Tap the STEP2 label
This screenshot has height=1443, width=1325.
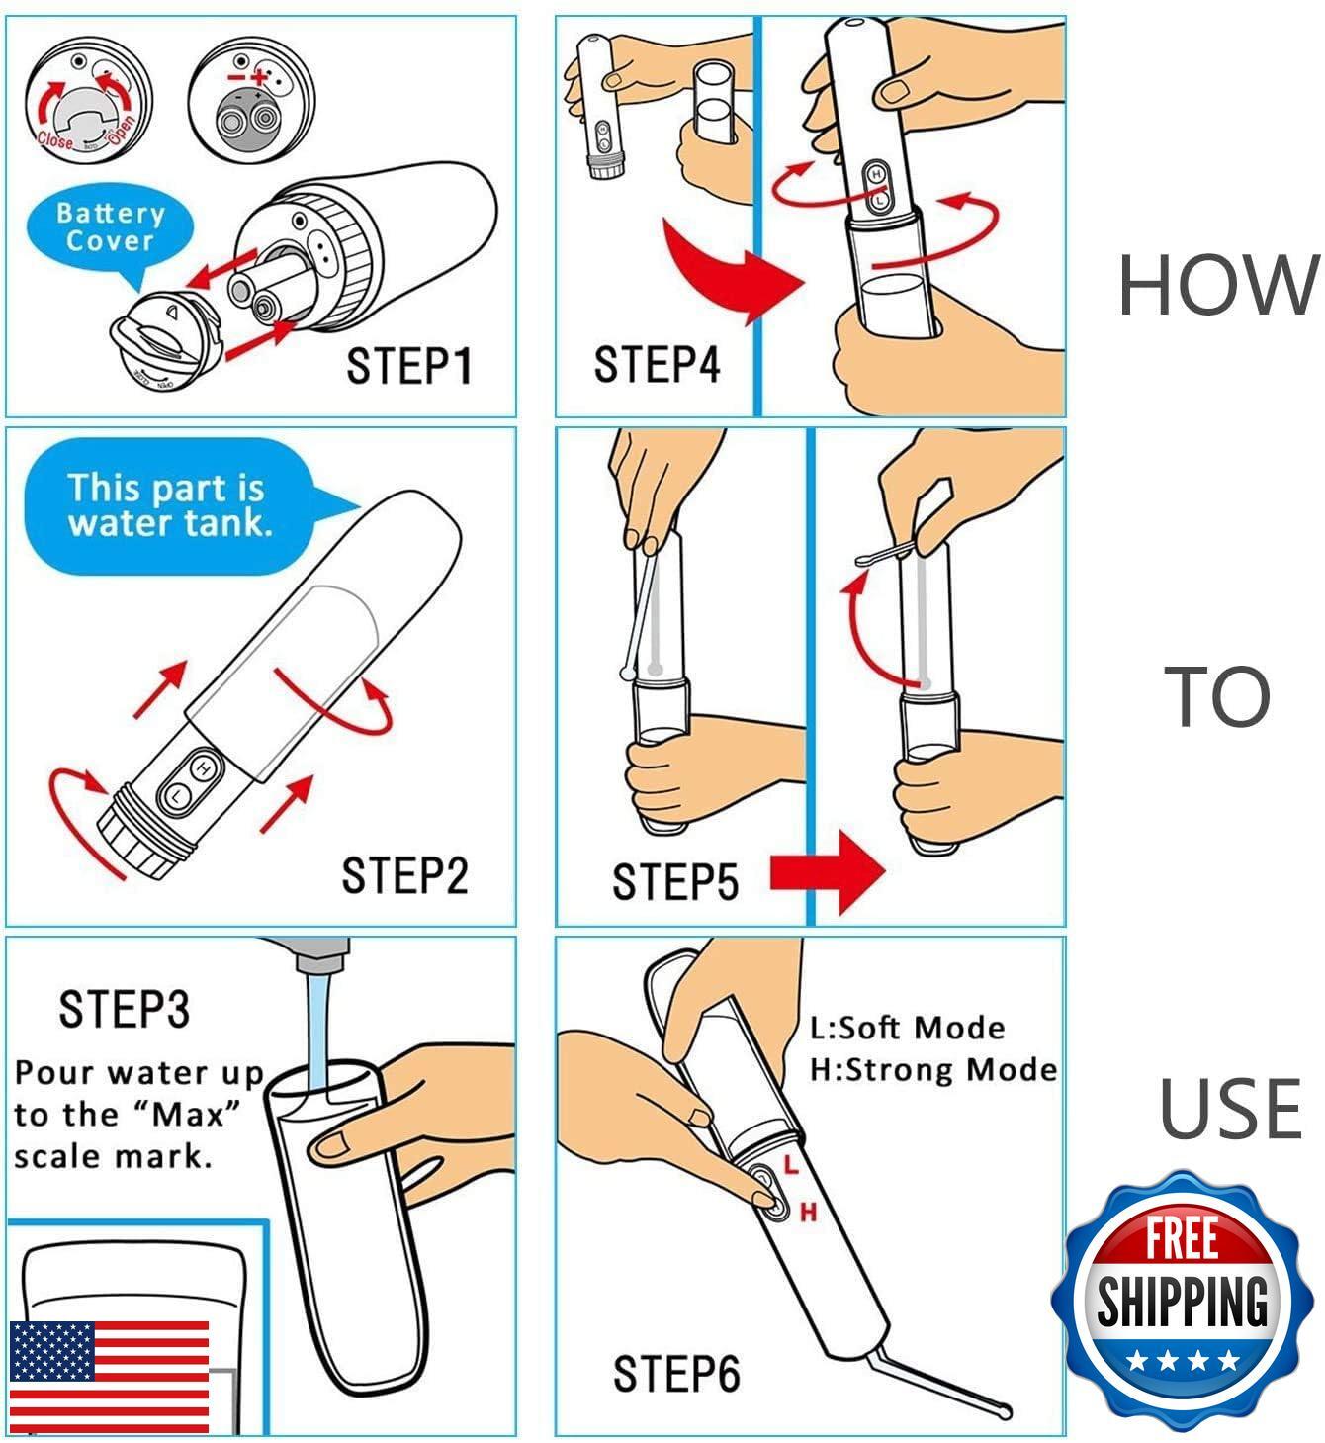click(404, 875)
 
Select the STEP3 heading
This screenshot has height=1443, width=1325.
click(124, 1009)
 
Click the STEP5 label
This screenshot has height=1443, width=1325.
click(674, 881)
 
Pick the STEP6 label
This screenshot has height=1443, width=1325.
click(676, 1374)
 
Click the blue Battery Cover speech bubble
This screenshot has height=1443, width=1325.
click(111, 228)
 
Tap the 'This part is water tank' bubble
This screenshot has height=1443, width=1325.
click(166, 504)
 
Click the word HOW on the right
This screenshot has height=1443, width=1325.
click(1218, 285)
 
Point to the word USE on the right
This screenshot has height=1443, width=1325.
click(1230, 1109)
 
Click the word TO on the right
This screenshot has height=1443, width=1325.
click(1217, 697)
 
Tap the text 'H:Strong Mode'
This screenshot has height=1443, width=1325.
click(932, 1069)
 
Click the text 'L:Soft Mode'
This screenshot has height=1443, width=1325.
click(907, 1028)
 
